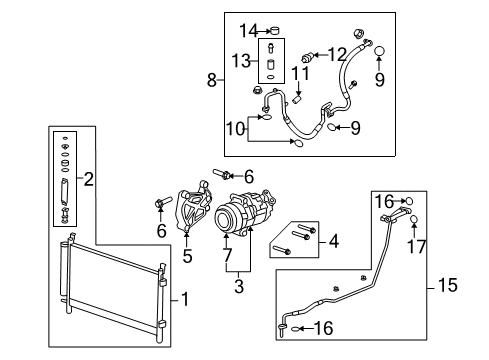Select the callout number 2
(x=90, y=180)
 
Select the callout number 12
(x=338, y=53)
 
